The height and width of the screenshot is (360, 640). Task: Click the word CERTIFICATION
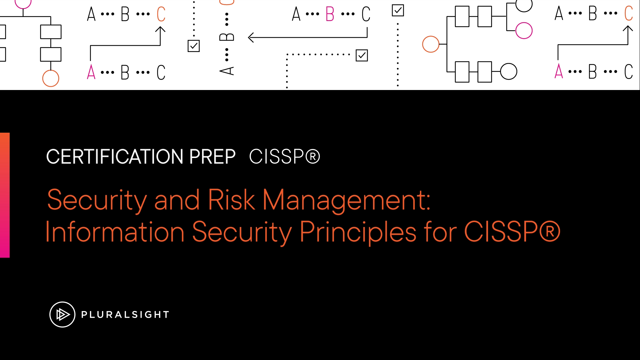tap(115, 156)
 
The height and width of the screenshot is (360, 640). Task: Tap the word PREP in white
tap(212, 156)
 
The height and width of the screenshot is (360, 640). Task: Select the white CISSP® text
tap(284, 156)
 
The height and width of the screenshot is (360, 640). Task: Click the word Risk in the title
tap(231, 200)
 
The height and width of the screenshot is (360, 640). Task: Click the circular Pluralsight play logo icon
tap(62, 314)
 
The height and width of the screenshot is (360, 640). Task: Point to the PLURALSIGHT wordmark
tap(125, 314)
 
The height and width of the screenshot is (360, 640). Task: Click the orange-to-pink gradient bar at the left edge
tap(5, 195)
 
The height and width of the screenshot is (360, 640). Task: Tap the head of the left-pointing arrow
tap(249, 37)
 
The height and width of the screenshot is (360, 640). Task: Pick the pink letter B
tap(330, 14)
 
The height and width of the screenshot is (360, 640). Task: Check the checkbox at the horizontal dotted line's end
tap(362, 55)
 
